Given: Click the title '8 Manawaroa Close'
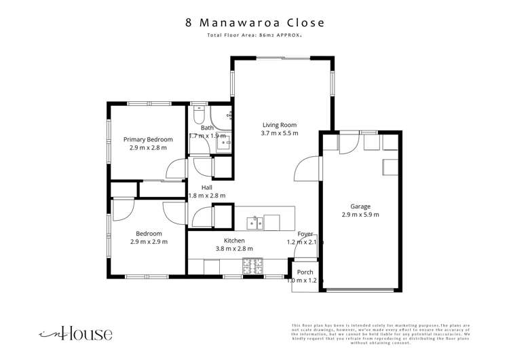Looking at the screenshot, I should pyautogui.click(x=254, y=22).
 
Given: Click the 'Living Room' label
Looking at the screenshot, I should pyautogui.click(x=280, y=124).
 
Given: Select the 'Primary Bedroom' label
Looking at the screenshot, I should pyautogui.click(x=148, y=139).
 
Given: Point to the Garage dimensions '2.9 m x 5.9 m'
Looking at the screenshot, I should pyautogui.click(x=360, y=215).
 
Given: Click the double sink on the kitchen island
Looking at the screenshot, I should pyautogui.click(x=255, y=221).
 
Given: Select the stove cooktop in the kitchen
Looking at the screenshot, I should pyautogui.click(x=253, y=265).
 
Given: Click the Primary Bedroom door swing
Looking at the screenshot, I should pyautogui.click(x=176, y=168).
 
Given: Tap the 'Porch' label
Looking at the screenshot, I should pyautogui.click(x=305, y=272).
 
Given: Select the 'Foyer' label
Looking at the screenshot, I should pyautogui.click(x=305, y=234).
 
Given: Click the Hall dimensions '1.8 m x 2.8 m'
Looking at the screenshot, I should pyautogui.click(x=206, y=196).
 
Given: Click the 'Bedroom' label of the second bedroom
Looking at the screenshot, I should pyautogui.click(x=149, y=233).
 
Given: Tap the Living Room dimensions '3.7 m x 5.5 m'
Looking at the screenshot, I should pyautogui.click(x=280, y=133).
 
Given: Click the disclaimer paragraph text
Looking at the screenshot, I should pyautogui.click(x=380, y=334).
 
